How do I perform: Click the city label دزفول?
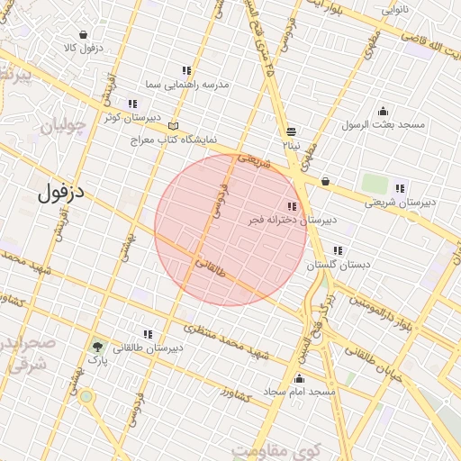pos(66,192)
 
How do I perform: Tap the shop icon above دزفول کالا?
pos(83,35)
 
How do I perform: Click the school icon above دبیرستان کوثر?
pos(132,104)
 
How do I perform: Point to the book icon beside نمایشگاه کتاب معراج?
pos(173,127)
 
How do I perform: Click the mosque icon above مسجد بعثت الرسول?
pos(383,112)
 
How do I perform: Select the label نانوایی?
pos(394,10)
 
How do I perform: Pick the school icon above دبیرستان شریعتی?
pos(400,189)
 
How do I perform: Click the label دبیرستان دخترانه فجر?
pos(292,219)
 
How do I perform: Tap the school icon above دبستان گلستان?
pos(337,251)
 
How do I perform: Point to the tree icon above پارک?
pos(96,346)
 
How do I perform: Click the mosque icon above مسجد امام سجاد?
pos(299,378)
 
